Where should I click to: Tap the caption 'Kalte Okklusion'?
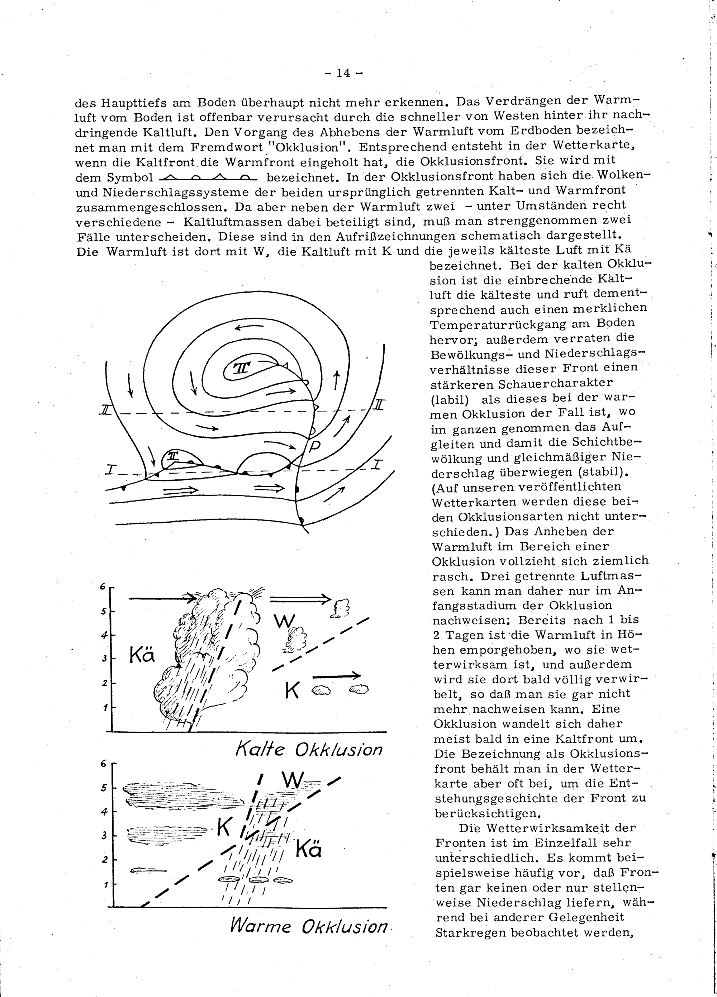[x=309, y=749]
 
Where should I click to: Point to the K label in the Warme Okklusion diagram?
[x=224, y=828]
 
